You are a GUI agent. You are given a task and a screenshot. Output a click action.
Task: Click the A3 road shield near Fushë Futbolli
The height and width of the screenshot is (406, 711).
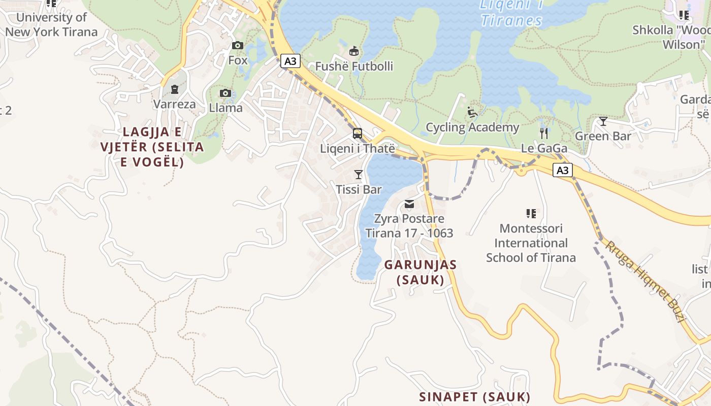290,61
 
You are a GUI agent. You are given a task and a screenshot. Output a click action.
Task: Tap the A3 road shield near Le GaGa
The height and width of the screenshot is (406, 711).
562,170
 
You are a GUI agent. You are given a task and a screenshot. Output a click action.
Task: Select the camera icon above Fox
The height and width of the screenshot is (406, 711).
237,46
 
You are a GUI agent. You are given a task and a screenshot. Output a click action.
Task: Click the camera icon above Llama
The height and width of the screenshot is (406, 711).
225,93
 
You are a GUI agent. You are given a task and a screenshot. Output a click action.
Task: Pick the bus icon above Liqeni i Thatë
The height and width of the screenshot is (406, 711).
358,134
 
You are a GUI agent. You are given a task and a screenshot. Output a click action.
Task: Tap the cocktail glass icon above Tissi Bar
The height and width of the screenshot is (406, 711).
359,175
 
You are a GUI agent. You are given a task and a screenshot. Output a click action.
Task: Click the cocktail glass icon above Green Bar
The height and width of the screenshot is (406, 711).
603,121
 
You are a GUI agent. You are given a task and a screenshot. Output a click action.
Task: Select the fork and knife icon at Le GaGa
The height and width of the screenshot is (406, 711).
544,133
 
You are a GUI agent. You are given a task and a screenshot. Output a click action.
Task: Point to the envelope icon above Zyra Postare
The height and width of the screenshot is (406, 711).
409,204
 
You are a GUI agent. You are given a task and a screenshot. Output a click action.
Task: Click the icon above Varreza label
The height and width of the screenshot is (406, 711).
175,89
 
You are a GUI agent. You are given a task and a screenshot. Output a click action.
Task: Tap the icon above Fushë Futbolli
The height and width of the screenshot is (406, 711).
354,51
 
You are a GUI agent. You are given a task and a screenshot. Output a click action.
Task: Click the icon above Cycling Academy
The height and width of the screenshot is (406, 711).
472,112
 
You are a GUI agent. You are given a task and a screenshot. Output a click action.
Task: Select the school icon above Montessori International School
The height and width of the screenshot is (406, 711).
531,214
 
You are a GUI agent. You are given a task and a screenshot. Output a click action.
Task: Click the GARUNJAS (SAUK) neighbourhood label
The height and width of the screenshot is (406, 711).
421,272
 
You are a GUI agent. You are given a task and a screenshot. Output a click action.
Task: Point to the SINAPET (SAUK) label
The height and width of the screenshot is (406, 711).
474,396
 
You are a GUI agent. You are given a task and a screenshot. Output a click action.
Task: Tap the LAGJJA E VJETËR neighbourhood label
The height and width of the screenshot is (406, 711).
152,147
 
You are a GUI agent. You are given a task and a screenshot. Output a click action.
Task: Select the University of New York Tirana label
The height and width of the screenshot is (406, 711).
51,24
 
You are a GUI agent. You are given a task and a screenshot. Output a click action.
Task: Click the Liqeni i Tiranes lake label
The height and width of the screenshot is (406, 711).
511,13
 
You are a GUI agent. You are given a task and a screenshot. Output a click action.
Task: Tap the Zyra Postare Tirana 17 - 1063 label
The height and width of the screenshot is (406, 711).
409,226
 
